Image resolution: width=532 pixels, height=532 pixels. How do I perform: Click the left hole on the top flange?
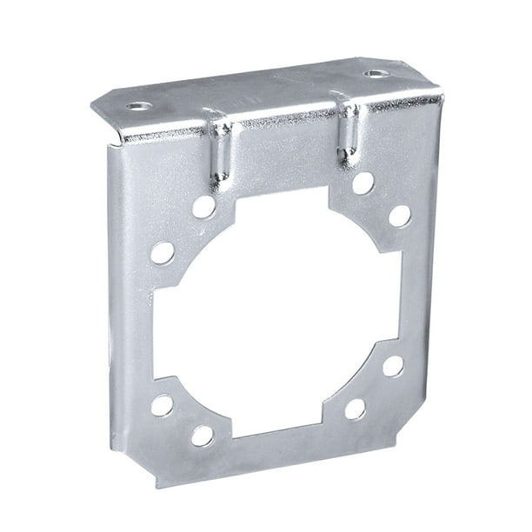click(138, 106)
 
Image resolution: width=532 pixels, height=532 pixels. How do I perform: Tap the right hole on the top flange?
click(374, 73)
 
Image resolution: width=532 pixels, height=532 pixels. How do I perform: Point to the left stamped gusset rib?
click(221, 150)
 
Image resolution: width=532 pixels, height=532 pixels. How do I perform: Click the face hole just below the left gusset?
click(203, 207)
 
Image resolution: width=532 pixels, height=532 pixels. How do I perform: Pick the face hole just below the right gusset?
click(362, 183)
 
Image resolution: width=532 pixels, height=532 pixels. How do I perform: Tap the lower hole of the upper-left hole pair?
click(162, 253)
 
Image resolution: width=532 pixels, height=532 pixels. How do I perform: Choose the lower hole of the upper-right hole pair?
click(399, 216)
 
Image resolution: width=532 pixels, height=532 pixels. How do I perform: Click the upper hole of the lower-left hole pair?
click(162, 405)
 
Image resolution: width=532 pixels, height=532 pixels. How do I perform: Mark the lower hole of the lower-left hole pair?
click(203, 436)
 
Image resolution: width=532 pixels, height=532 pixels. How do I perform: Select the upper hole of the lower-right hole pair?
click(393, 366)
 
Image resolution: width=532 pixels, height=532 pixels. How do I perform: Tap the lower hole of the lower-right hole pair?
click(355, 409)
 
